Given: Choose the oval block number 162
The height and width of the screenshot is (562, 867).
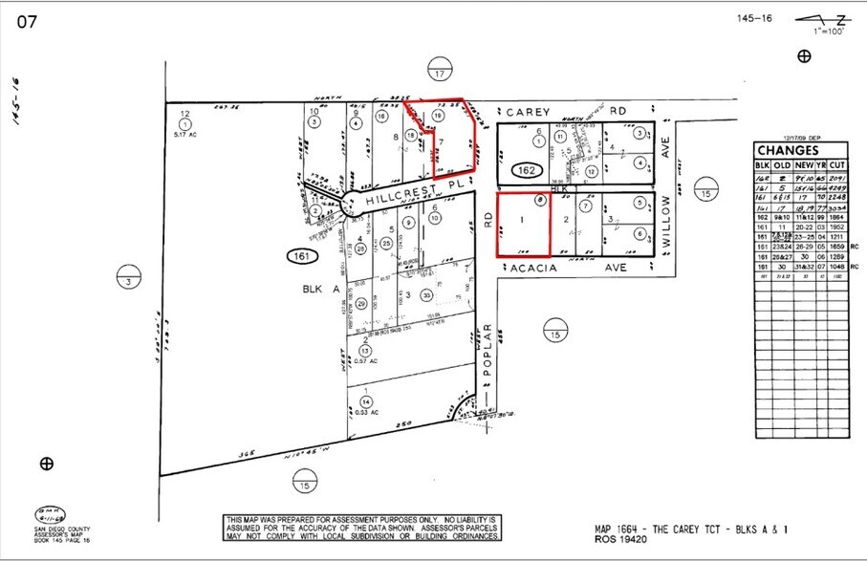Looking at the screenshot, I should (x=527, y=171).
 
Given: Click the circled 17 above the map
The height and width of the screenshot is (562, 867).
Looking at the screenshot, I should (x=440, y=74).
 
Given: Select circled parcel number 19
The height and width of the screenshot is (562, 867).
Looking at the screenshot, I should (x=438, y=116).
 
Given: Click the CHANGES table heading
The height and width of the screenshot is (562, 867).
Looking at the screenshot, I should (x=789, y=150).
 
